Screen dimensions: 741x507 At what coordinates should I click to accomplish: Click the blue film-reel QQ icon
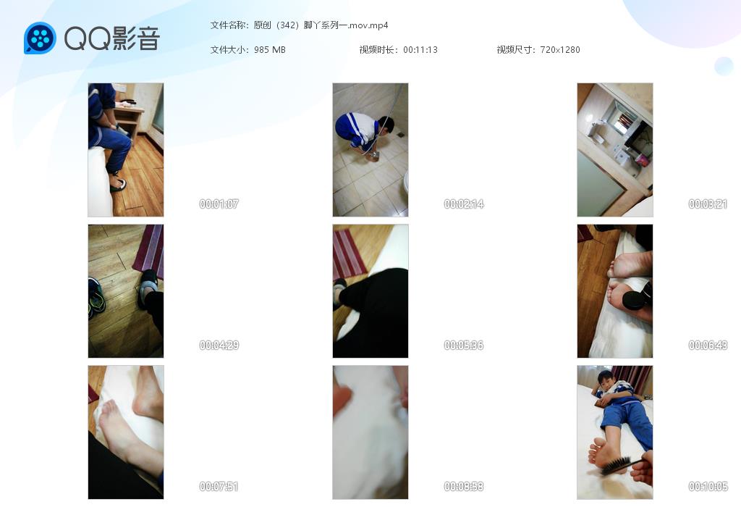(41, 38)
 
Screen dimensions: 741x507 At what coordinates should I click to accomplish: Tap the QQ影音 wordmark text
(112, 38)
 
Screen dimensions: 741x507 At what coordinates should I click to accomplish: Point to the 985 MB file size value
(270, 50)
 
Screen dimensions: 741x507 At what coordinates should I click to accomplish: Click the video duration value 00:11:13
(420, 50)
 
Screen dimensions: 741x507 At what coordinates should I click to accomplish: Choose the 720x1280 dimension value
(560, 50)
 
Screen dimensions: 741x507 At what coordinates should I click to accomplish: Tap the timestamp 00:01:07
(219, 204)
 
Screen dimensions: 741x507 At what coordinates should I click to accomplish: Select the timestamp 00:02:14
(464, 204)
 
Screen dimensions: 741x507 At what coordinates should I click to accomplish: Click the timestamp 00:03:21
(708, 204)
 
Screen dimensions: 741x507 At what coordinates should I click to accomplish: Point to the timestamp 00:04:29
(219, 345)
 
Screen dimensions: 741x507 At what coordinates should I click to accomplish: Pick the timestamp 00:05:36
(464, 345)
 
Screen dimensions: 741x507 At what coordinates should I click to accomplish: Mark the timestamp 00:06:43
(708, 345)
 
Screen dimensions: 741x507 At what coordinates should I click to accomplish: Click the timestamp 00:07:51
(219, 486)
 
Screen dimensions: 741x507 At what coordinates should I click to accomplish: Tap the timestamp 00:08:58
(464, 486)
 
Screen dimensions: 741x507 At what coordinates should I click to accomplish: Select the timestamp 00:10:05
(708, 486)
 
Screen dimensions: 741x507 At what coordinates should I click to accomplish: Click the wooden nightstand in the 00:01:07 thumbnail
(129, 118)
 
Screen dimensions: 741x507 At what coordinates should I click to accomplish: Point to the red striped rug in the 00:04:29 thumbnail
(149, 251)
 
